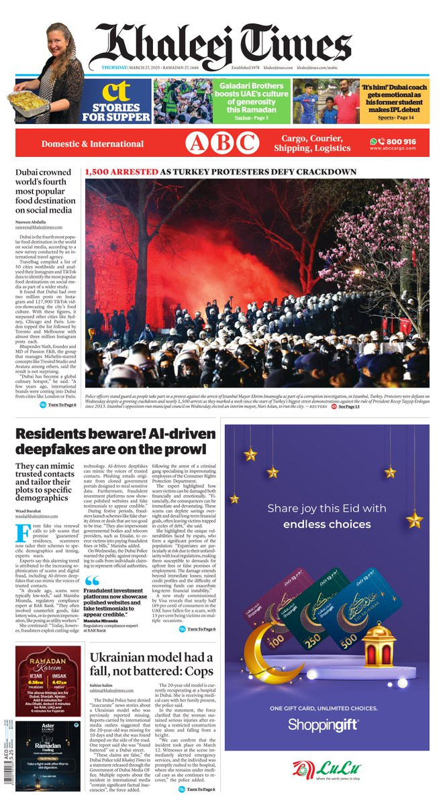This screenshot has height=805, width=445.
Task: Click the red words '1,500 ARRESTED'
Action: [x=121, y=172]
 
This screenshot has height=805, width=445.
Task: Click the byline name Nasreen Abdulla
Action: [x=31, y=221]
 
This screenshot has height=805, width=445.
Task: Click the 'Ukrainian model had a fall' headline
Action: [x=151, y=663]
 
